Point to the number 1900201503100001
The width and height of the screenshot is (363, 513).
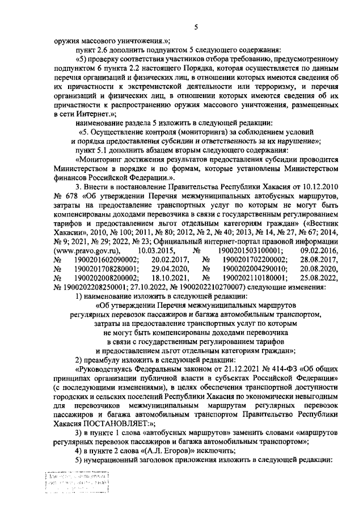click(252, 250)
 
